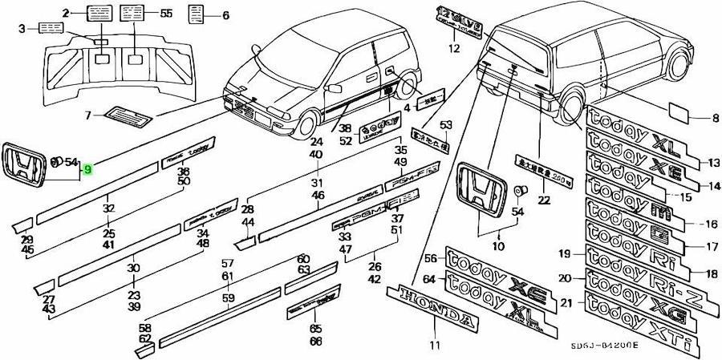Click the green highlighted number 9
pos(87,169)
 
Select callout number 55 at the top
pos(166,14)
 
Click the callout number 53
pos(446,124)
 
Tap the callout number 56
pos(430,259)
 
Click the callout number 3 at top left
pos(22,30)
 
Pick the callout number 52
pos(345,141)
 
